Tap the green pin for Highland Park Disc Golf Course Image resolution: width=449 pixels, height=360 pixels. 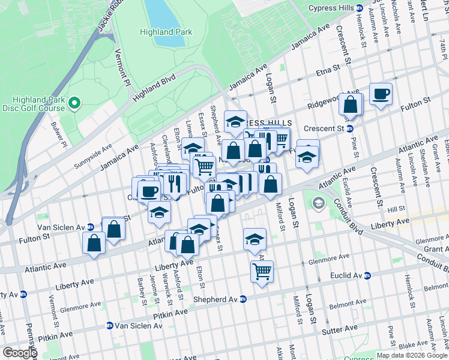74,104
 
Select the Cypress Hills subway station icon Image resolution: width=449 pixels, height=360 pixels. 359,8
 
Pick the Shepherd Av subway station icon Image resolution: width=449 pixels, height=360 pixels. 243,299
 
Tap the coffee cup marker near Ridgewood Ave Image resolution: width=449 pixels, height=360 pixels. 381,94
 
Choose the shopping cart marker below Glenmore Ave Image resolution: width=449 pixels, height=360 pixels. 262,271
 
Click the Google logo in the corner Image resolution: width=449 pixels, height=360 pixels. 20,353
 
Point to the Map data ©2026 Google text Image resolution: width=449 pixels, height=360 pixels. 411,355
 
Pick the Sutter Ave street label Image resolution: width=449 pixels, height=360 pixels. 340,329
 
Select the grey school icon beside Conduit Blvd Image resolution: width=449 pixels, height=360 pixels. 317,205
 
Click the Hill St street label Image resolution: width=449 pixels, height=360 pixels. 396,209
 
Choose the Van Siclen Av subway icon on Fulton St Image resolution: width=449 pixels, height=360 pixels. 90,227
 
